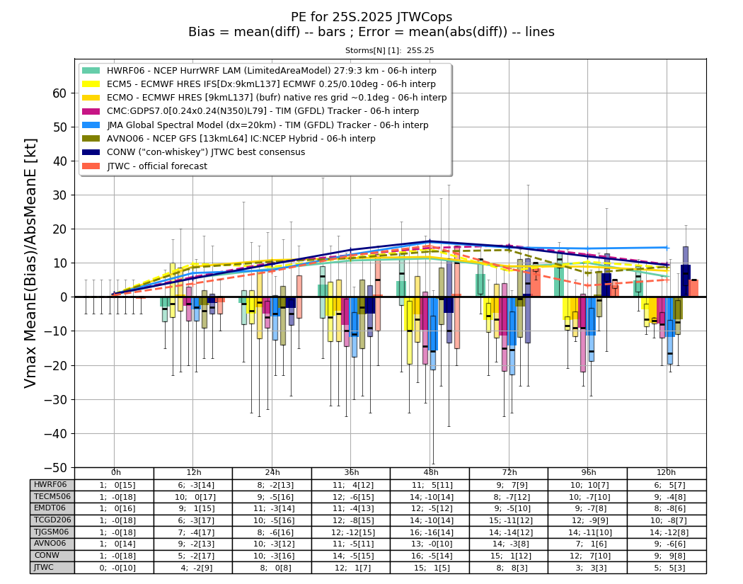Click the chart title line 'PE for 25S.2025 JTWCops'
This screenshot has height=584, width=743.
[x=371, y=17]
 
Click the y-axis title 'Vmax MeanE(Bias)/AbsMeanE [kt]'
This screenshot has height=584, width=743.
[x=30, y=263]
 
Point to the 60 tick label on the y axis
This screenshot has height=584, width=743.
[x=59, y=93]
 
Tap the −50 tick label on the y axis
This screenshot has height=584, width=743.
[x=55, y=467]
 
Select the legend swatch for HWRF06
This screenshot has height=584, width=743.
[x=91, y=71]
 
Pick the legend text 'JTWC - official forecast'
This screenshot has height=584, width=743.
[x=157, y=166]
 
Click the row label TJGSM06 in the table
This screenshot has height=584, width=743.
[x=52, y=532]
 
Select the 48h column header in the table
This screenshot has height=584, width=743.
[x=430, y=473]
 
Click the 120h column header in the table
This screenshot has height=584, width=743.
[x=667, y=473]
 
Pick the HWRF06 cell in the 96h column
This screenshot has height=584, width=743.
[x=587, y=485]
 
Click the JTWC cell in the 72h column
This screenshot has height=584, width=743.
[x=509, y=568]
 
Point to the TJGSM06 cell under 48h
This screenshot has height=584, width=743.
[x=430, y=532]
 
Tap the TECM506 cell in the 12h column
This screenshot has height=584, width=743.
[x=193, y=497]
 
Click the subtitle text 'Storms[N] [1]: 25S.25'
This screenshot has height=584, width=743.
[x=389, y=50]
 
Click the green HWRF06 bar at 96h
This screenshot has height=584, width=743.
[x=559, y=280]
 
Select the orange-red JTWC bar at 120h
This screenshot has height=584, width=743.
[x=693, y=288]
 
